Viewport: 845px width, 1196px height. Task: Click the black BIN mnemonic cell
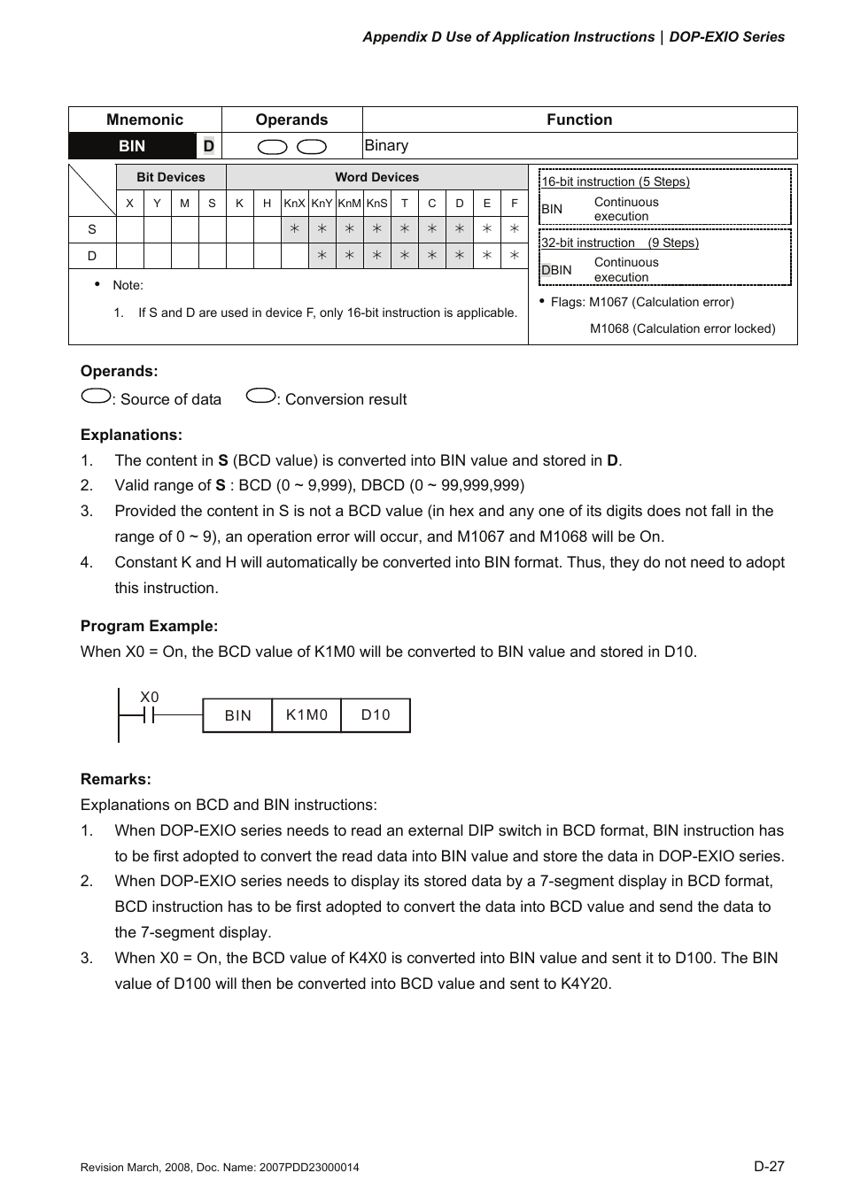click(132, 146)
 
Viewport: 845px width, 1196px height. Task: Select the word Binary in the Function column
click(387, 146)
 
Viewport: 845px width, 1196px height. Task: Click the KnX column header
click(294, 204)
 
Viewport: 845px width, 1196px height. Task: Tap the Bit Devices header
click(171, 177)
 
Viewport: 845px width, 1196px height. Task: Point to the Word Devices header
click(376, 177)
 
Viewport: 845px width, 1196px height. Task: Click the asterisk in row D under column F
click(514, 256)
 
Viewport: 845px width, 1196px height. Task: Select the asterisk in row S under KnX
click(294, 229)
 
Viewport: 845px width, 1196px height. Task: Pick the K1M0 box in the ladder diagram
click(306, 715)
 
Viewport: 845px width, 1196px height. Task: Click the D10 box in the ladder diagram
click(376, 715)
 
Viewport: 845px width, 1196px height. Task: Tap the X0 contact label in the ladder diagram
click(149, 698)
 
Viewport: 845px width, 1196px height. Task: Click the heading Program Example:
click(149, 626)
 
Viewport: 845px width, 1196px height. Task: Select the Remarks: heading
click(116, 779)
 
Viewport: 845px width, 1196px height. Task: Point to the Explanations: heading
click(131, 435)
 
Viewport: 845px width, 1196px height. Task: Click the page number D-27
click(769, 1166)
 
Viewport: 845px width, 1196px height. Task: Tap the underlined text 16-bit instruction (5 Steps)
click(616, 181)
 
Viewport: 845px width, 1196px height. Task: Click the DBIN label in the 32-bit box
click(556, 270)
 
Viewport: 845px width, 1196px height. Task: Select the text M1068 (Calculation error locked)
click(682, 328)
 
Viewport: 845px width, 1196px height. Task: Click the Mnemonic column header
click(144, 120)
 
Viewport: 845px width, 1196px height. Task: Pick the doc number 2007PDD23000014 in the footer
click(310, 1168)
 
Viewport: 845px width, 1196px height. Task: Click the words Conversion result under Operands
click(345, 399)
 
